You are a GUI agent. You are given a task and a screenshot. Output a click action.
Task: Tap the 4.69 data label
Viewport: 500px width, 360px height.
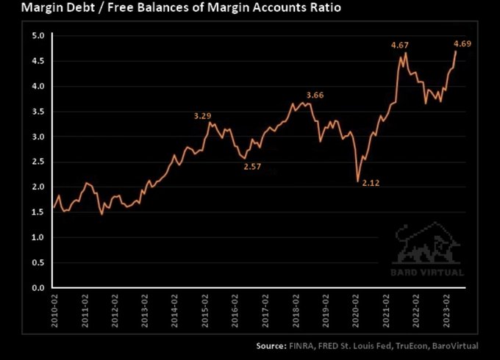click(x=462, y=43)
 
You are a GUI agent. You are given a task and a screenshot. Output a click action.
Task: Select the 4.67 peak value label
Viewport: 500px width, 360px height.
click(x=400, y=46)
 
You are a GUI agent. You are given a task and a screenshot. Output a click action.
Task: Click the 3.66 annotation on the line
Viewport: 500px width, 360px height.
click(x=315, y=96)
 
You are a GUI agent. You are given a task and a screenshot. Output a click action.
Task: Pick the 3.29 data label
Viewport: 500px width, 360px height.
click(x=203, y=116)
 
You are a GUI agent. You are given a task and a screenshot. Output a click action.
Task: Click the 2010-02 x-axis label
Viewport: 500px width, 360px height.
click(x=55, y=310)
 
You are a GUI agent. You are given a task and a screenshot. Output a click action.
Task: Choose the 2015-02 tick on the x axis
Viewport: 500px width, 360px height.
click(x=205, y=310)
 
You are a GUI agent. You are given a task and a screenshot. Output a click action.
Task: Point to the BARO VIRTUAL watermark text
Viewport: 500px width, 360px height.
click(x=426, y=273)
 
